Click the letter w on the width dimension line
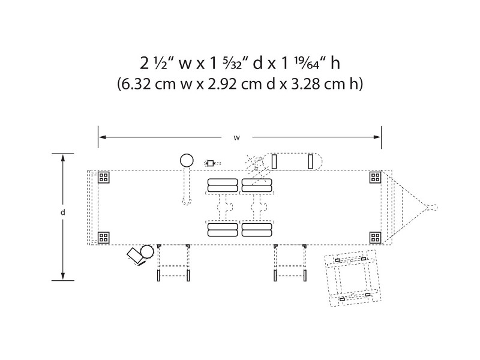[x=236, y=138]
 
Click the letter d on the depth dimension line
[x=63, y=212]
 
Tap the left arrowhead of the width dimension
[x=102, y=137]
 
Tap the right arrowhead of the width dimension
[x=377, y=137]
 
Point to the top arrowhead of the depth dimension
[x=63, y=158]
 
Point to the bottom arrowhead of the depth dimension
[x=63, y=276]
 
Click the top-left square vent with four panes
[x=104, y=177]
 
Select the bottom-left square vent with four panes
[x=104, y=237]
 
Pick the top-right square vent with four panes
[x=376, y=177]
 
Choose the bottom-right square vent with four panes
[x=376, y=237]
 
